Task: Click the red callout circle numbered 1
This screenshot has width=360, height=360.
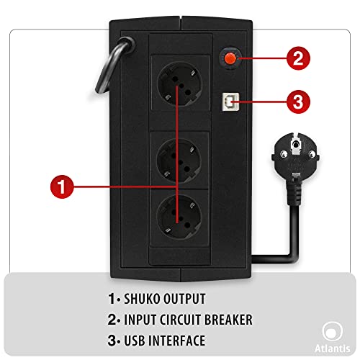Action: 62,186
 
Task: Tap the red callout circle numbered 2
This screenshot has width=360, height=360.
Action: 298,58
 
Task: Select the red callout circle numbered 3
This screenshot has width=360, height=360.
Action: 298,102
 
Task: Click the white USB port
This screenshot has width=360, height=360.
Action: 230,102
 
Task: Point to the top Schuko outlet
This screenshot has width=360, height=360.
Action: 179,84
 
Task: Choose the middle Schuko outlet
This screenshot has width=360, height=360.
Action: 179,161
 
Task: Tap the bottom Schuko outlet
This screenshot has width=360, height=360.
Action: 179,217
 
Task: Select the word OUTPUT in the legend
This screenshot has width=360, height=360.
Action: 184,299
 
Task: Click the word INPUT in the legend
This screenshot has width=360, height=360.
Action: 139,320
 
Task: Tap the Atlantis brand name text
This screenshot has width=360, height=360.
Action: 332,348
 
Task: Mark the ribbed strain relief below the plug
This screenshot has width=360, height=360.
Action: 294,192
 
